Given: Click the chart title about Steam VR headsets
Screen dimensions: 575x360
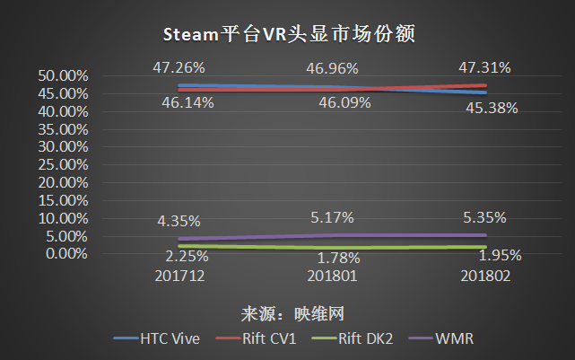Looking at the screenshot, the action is click(x=289, y=34).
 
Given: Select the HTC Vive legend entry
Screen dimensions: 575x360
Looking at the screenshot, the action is click(x=157, y=338).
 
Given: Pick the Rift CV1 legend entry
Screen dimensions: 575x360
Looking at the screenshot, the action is click(x=256, y=338).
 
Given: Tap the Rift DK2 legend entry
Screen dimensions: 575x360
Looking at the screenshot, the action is click(x=352, y=338).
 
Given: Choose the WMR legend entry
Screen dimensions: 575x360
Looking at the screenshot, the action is click(x=440, y=338).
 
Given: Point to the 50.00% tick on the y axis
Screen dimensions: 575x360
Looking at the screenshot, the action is click(x=63, y=76).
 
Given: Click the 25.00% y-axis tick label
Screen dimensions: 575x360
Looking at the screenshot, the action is click(x=63, y=165).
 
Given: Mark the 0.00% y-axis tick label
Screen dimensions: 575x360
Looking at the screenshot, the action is click(x=66, y=253).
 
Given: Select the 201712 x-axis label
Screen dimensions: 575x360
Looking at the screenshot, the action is click(x=179, y=276).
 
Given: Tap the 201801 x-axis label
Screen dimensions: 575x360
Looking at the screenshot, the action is click(x=332, y=276).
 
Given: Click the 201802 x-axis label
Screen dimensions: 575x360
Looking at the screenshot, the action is click(x=485, y=276).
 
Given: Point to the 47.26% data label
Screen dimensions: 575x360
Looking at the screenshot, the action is click(x=179, y=68).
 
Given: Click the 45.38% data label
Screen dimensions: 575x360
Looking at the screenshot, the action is click(x=492, y=109).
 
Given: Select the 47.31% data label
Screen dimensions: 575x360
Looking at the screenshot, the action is click(x=484, y=68).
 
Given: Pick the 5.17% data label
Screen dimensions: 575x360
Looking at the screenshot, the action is click(x=332, y=218).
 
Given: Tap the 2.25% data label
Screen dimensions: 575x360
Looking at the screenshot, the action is click(x=187, y=257).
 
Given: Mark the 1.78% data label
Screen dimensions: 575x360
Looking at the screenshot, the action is click(x=338, y=259).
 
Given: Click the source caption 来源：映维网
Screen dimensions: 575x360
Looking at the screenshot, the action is click(x=292, y=314).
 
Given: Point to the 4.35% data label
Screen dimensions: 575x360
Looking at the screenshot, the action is click(x=179, y=221).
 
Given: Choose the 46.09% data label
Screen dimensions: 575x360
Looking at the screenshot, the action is click(x=344, y=103).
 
